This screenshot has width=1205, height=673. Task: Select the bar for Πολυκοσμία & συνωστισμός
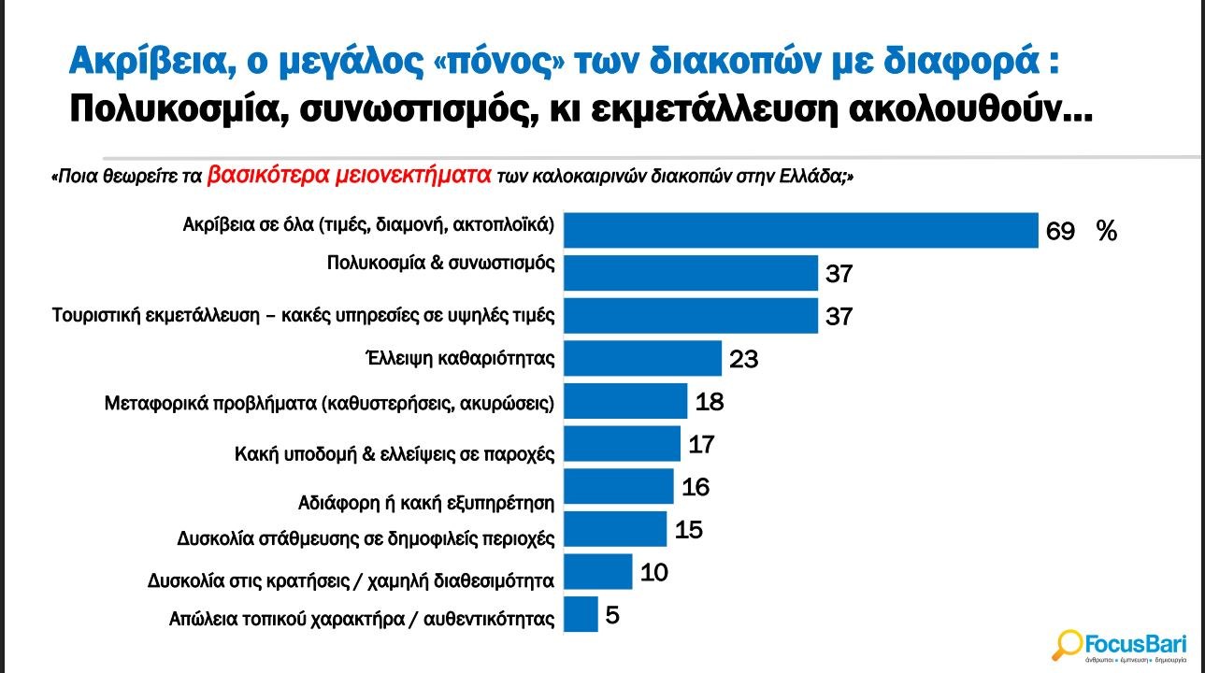(692, 273)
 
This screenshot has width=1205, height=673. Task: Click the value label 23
(743, 359)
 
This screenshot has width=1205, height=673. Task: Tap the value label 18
(709, 402)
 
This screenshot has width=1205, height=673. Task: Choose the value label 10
(653, 571)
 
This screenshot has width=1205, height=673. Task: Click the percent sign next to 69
(1107, 232)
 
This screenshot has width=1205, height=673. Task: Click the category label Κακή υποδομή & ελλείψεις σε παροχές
(394, 454)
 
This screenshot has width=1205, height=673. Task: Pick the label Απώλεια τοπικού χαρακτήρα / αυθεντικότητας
(362, 618)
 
